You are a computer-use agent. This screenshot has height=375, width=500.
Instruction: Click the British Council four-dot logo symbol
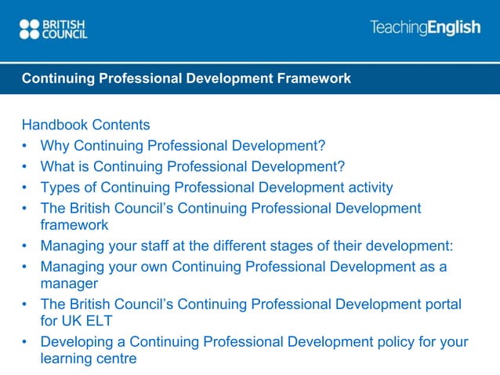point(29,29)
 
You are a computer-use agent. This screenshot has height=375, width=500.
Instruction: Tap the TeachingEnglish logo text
point(425,28)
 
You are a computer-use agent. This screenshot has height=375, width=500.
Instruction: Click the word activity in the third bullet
point(368,187)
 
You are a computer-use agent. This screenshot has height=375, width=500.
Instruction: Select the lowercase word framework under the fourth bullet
point(74,224)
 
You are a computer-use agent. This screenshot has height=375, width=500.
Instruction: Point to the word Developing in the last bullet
point(76,342)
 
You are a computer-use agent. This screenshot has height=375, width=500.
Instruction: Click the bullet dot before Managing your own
point(26,267)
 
